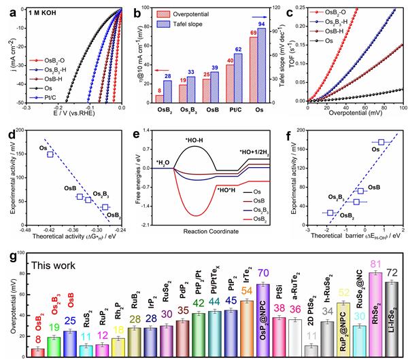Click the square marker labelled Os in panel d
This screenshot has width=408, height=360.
pyautogui.click(x=50, y=154)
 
